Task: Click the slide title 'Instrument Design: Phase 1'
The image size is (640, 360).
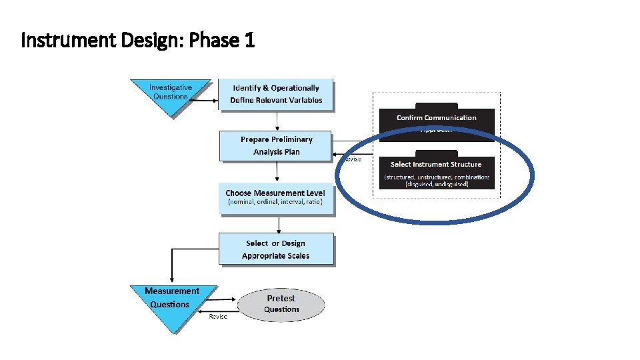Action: (138, 41)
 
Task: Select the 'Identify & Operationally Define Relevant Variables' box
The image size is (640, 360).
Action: (276, 94)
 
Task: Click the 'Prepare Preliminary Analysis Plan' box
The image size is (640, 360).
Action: (276, 145)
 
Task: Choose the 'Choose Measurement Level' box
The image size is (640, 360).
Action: (276, 197)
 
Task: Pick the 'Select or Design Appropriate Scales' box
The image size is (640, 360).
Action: (276, 249)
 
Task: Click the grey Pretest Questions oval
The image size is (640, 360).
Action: (281, 304)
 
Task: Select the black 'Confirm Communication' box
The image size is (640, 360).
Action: (437, 120)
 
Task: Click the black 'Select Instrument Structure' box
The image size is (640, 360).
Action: (437, 172)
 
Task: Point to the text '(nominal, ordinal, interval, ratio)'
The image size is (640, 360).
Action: (275, 202)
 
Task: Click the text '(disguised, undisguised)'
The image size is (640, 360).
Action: (437, 184)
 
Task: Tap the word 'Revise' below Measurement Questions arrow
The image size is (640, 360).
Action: (218, 317)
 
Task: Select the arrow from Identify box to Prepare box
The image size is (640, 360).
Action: (276, 121)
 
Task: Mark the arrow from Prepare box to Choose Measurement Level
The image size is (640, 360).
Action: (276, 172)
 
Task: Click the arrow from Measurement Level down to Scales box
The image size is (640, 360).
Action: (276, 224)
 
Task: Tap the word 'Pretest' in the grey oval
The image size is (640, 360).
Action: (281, 298)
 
